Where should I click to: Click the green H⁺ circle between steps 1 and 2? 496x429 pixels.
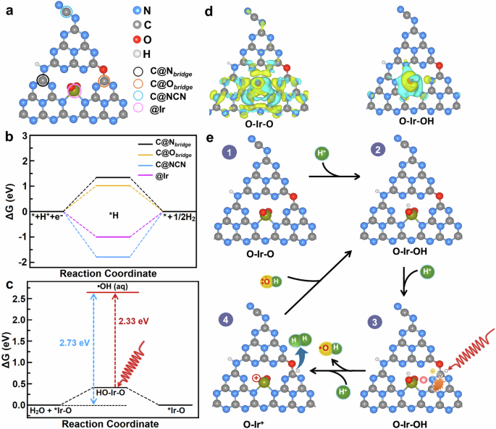(322, 154)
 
